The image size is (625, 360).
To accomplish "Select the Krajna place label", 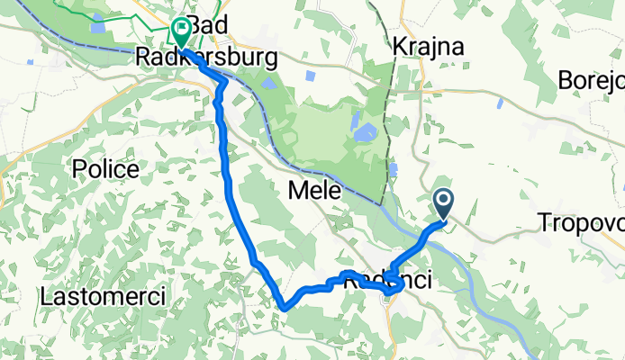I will [429, 47].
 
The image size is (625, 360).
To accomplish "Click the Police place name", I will [106, 168].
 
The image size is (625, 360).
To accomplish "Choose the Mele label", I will [314, 191].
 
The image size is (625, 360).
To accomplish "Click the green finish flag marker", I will [181, 32].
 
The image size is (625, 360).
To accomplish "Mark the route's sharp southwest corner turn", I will [283, 306].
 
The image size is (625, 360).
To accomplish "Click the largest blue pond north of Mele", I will [364, 135].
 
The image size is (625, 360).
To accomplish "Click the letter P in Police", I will [80, 168].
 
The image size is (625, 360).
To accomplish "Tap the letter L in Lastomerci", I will [46, 295].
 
